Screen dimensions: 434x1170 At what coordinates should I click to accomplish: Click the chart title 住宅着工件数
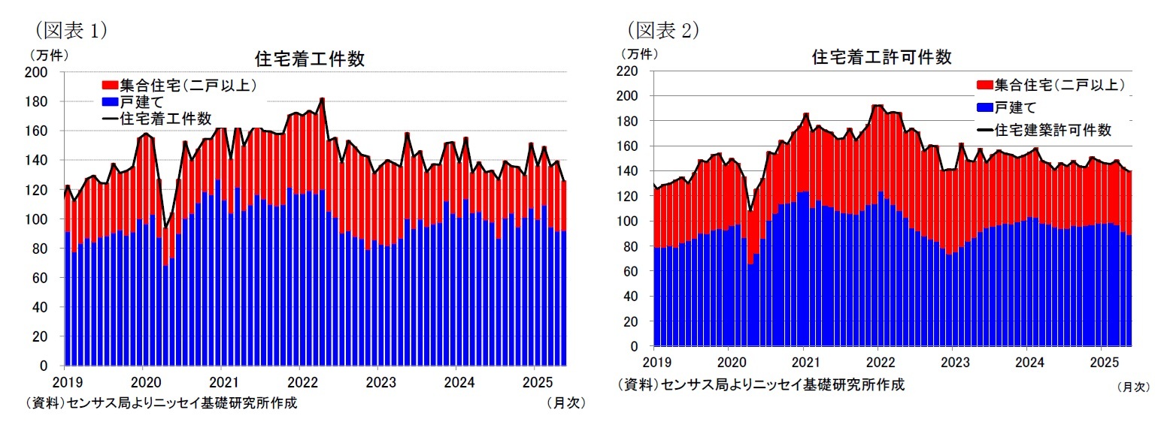[x=310, y=59]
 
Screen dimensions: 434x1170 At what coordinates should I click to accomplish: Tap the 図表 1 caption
[x=70, y=29]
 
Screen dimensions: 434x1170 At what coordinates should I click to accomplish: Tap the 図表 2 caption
[x=662, y=29]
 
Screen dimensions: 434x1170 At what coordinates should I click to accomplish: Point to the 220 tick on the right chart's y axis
[x=627, y=71]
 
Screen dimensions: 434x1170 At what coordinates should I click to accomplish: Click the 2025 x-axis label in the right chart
[x=1101, y=361]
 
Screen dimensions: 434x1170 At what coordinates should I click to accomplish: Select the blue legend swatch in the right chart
[x=984, y=107]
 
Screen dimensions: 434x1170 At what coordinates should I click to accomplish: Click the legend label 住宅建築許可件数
[x=1052, y=130]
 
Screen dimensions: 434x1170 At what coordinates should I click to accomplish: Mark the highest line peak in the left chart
[x=322, y=98]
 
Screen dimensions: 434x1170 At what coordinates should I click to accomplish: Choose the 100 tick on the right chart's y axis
[x=627, y=222]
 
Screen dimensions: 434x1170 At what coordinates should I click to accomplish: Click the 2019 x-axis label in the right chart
[x=653, y=361]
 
